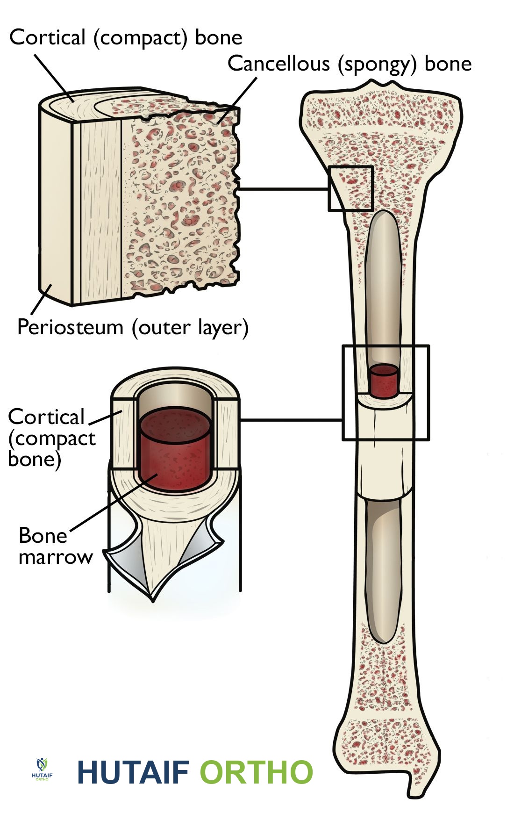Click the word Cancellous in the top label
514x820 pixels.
278,64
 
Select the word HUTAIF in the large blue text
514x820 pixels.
133,772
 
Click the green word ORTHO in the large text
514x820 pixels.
256,772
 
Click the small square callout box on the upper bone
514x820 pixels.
350,188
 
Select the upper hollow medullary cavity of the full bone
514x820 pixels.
385,281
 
